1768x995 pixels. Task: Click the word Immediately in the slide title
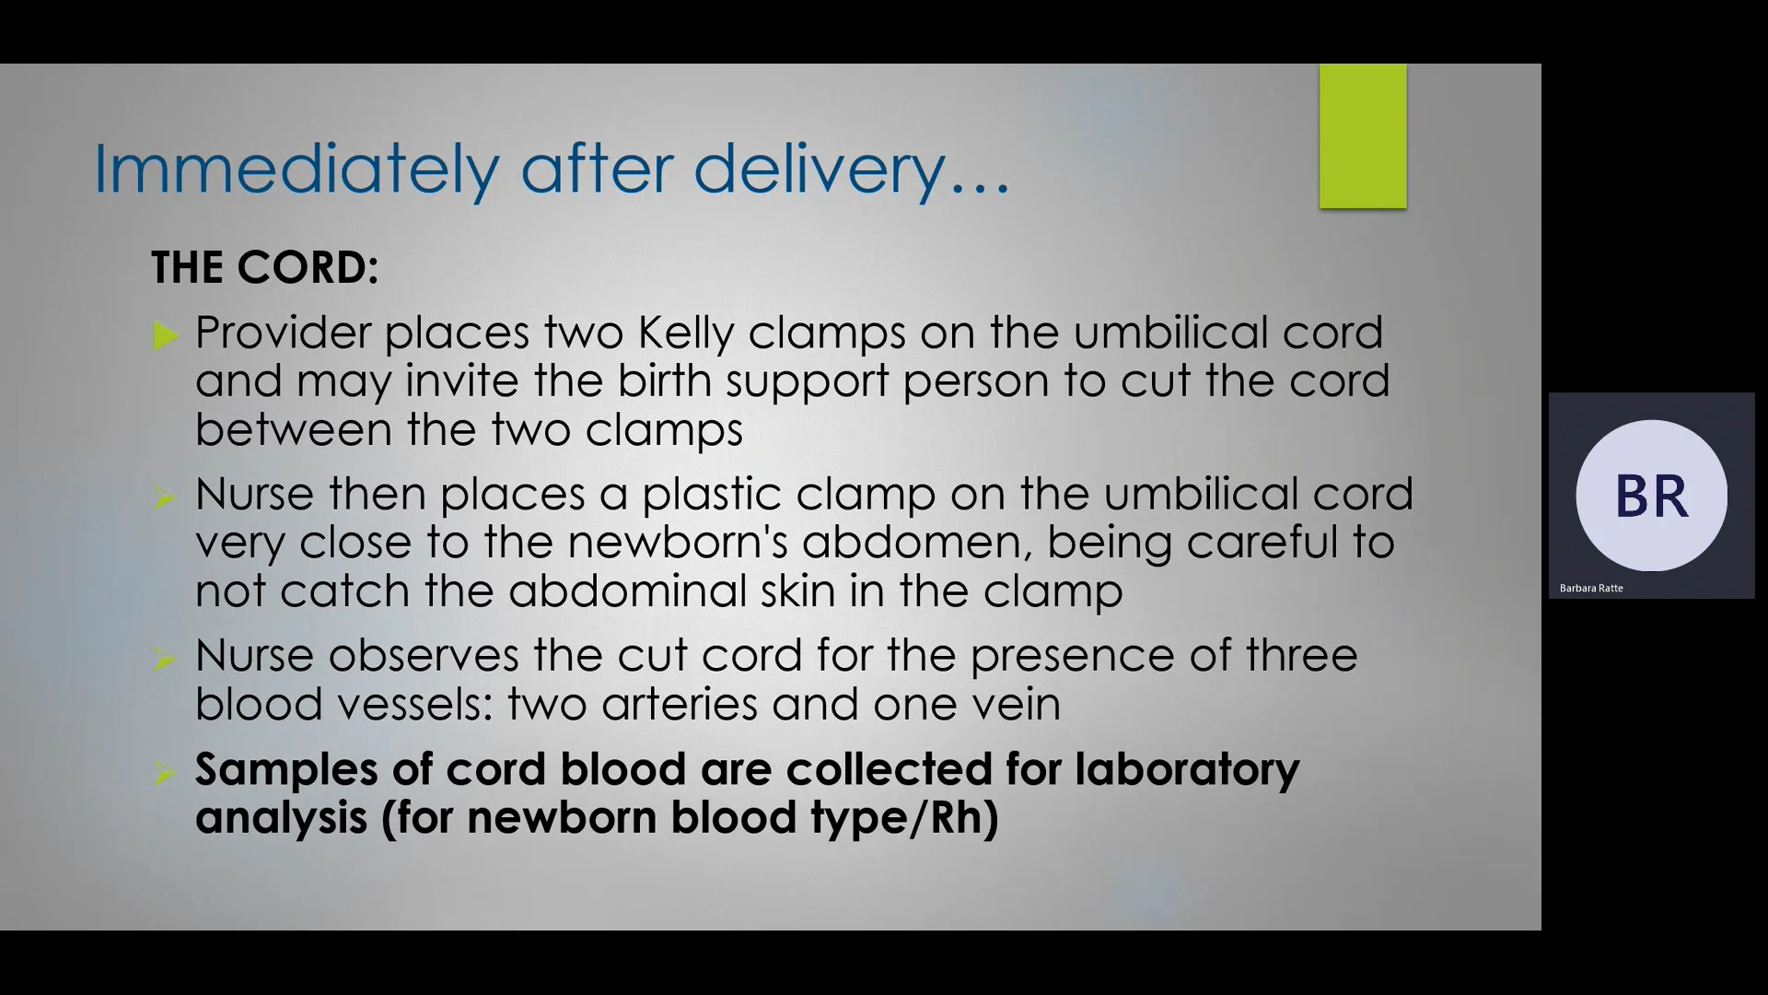pyautogui.click(x=296, y=170)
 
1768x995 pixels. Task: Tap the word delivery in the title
pyautogui.click(x=819, y=170)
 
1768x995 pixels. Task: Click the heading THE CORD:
pyautogui.click(x=264, y=268)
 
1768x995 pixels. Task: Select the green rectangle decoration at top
pyautogui.click(x=1362, y=136)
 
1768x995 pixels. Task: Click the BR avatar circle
pyautogui.click(x=1651, y=496)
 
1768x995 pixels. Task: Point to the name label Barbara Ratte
pyautogui.click(x=1590, y=588)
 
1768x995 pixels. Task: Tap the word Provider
pyautogui.click(x=283, y=333)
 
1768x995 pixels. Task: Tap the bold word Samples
pyautogui.click(x=285, y=769)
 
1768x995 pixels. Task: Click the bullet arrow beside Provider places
pyautogui.click(x=166, y=335)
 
